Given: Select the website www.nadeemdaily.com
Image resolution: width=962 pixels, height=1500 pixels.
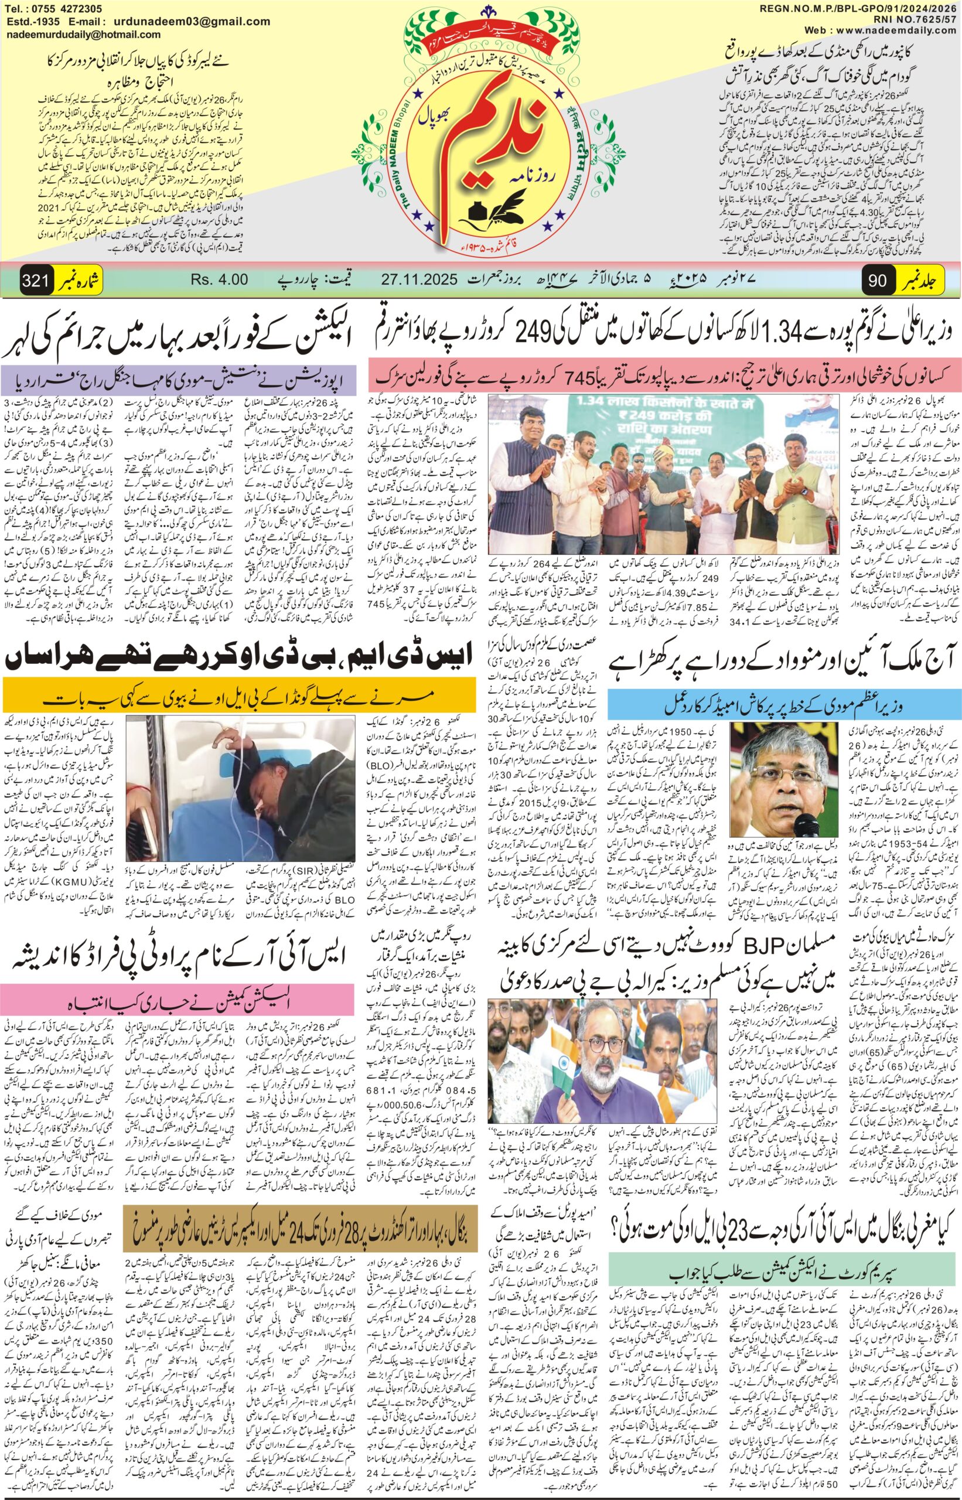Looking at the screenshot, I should (x=903, y=29).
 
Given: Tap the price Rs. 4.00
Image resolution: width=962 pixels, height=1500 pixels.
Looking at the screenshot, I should (x=219, y=280).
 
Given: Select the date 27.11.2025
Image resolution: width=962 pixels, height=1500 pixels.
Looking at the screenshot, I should (x=420, y=280).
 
